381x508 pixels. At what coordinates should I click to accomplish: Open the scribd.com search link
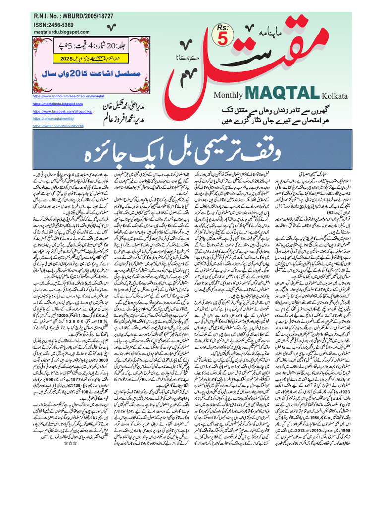click(67, 96)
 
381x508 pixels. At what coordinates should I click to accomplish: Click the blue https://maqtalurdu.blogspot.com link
click(58, 103)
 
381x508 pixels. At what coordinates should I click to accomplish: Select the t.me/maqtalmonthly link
click(54, 119)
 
